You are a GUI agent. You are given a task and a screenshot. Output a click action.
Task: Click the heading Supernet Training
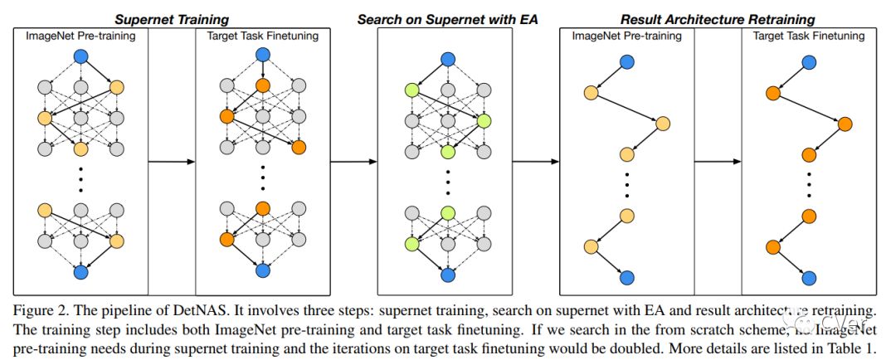click(173, 17)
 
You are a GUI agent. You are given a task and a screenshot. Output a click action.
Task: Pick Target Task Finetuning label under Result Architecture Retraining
click(808, 36)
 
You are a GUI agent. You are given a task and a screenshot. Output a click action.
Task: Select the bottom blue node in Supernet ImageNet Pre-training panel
click(80, 272)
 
